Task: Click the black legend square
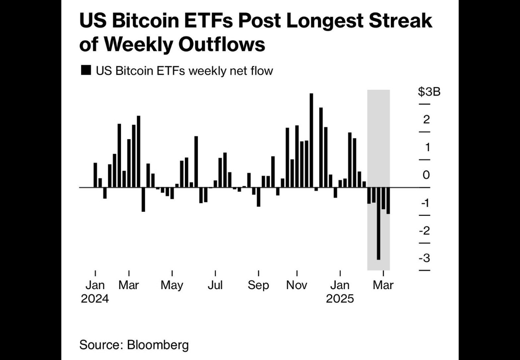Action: coord(86,70)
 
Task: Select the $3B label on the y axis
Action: coord(429,92)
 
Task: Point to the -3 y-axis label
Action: coord(425,258)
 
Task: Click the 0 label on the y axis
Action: coord(426,175)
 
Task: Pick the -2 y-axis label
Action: coord(425,230)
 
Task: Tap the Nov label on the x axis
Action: coord(297,285)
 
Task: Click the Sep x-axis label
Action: coord(258,285)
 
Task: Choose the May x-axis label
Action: coord(172,285)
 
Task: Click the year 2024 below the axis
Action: coord(95,299)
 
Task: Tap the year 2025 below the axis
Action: coord(340,299)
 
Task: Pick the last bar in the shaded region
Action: coord(388,201)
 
